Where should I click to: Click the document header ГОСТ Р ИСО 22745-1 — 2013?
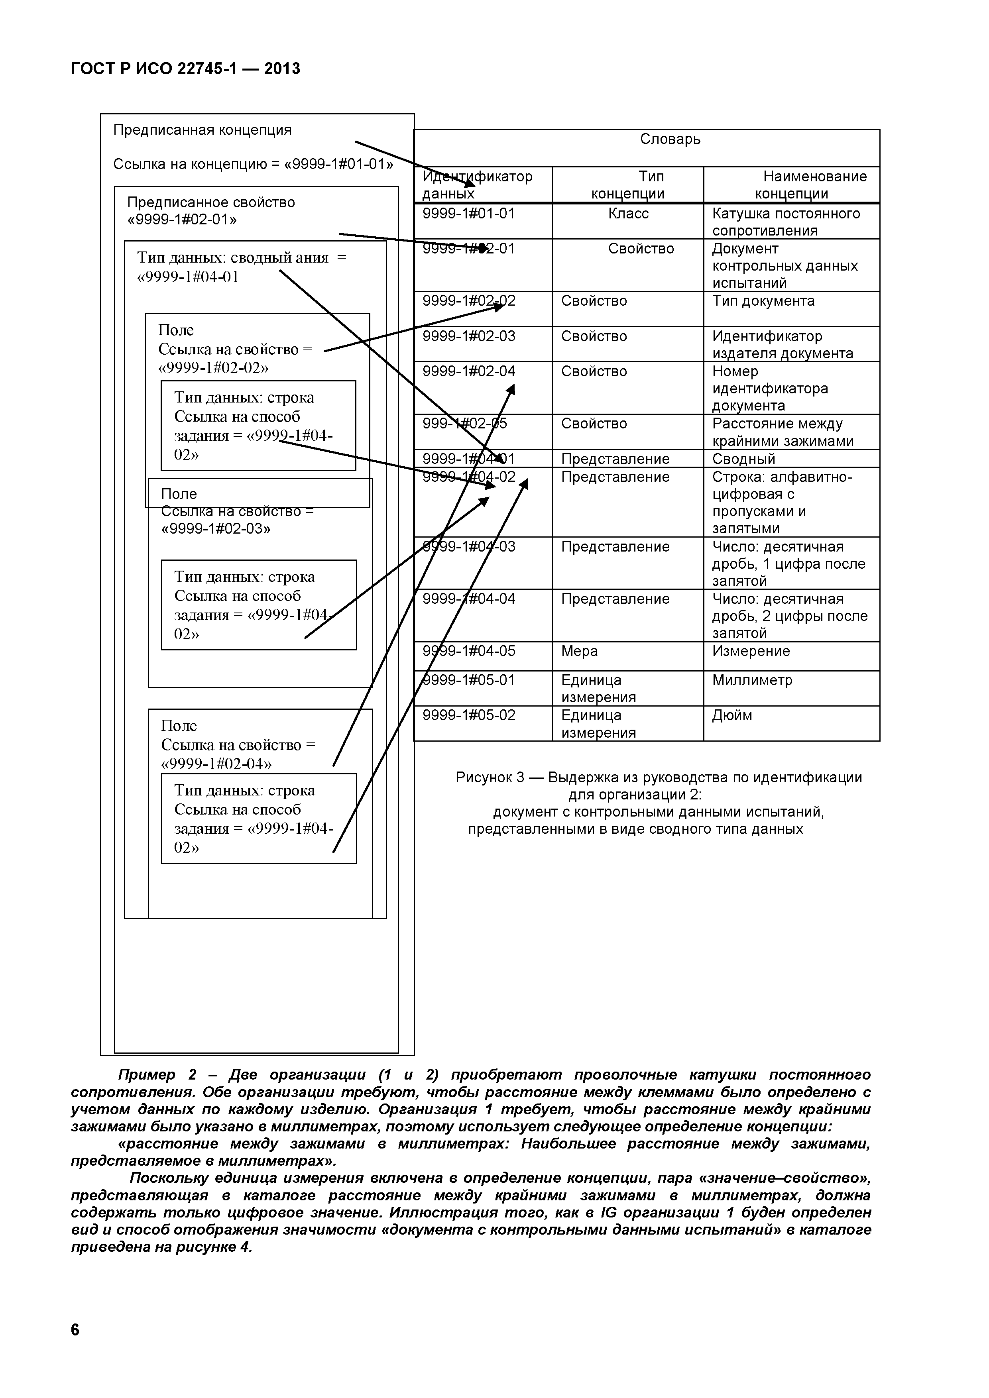186,69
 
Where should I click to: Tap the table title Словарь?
670,139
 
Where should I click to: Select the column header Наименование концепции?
792,185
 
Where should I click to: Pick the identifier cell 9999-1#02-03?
469,337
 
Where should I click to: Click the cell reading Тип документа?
763,301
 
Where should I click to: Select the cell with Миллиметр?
752,681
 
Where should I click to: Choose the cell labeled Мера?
579,652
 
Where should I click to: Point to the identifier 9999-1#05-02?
469,715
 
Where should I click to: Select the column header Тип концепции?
628,185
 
